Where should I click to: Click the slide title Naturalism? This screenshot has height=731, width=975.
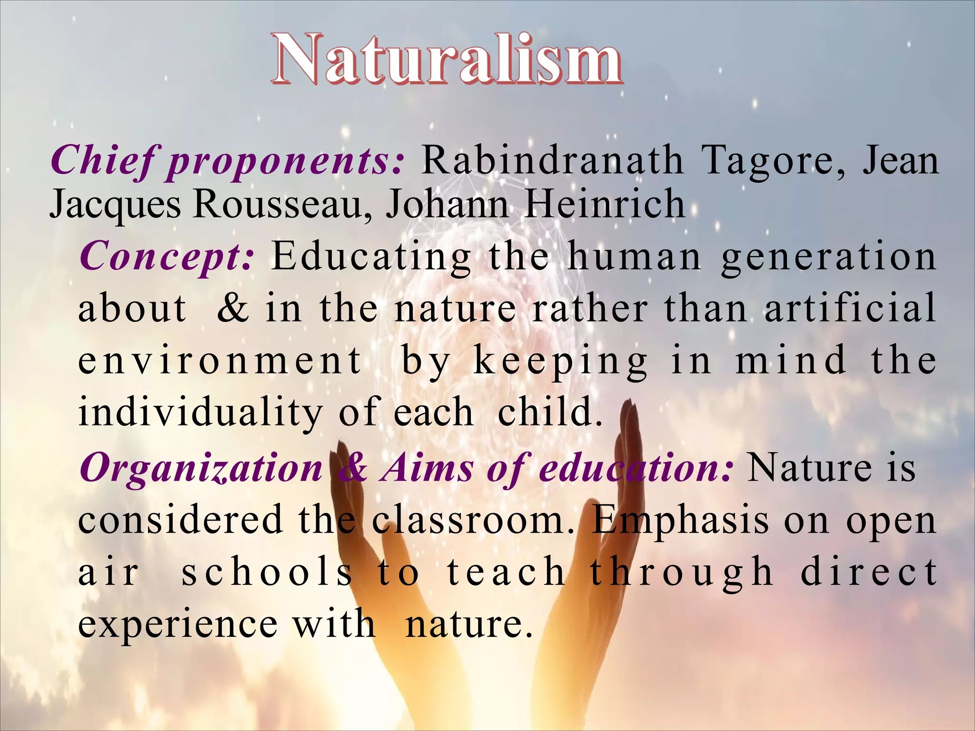point(447,60)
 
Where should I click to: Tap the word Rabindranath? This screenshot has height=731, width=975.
point(552,161)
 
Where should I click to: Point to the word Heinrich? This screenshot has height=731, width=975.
point(605,204)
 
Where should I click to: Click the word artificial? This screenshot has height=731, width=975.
point(850,308)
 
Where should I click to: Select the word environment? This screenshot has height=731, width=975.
point(220,360)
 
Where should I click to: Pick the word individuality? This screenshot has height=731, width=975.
point(200,412)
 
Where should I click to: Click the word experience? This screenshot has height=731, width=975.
point(178,624)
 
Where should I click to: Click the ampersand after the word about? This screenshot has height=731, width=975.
point(233,308)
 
